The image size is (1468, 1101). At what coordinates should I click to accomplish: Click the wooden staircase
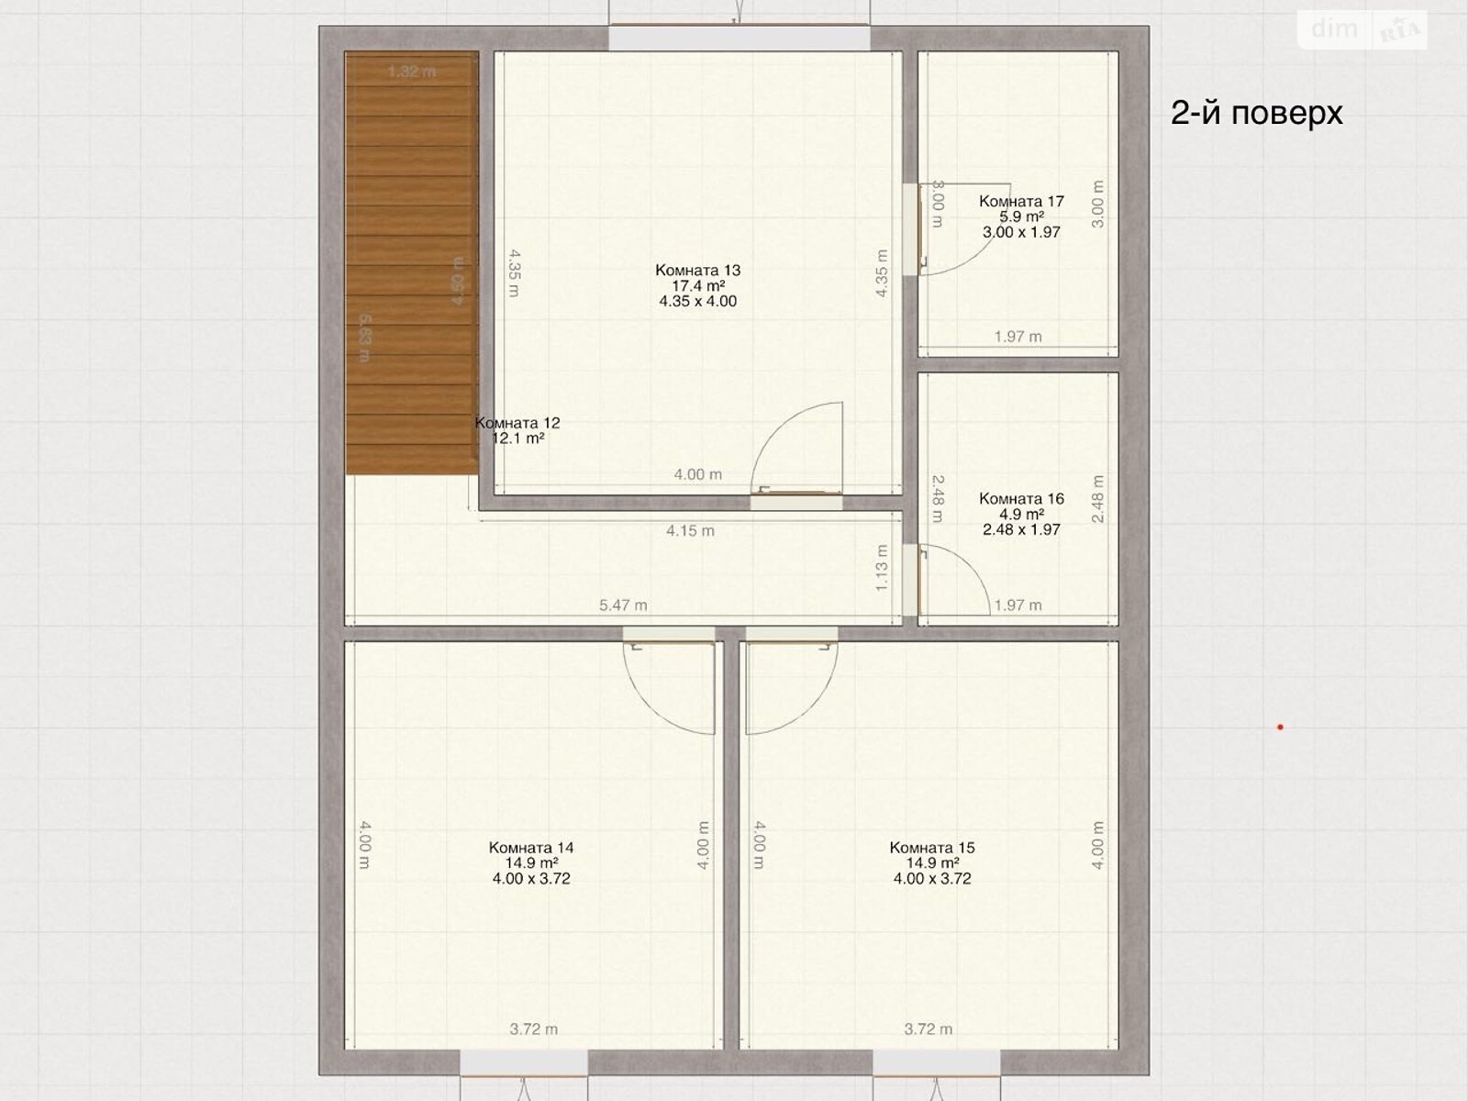(x=411, y=266)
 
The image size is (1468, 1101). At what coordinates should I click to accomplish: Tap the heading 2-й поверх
(x=1256, y=112)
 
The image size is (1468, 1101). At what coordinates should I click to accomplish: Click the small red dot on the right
(x=1280, y=728)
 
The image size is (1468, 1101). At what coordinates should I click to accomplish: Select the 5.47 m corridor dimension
(x=623, y=605)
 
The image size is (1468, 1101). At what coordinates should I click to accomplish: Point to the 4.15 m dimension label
(x=690, y=530)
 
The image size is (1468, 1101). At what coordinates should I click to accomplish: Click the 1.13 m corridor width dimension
(x=882, y=568)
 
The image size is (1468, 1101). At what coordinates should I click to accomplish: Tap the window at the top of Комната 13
(x=739, y=39)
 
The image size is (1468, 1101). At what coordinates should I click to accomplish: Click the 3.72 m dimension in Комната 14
(x=533, y=1029)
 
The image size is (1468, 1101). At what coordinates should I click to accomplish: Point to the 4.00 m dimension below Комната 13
(x=697, y=474)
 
